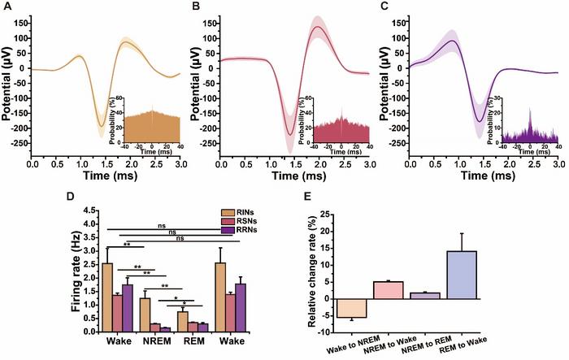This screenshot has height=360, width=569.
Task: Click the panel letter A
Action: [x=6, y=7]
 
